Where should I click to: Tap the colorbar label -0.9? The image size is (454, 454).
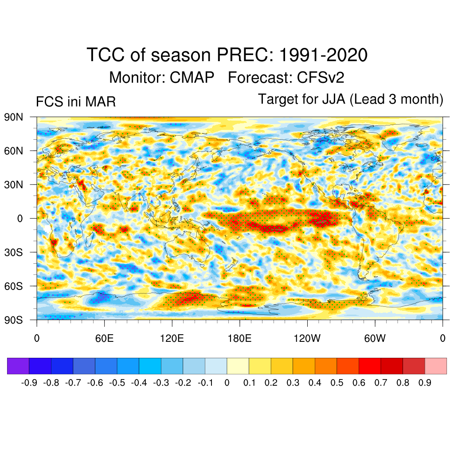tap(29, 383)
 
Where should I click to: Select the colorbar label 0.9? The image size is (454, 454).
tap(425, 383)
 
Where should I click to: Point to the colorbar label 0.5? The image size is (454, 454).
tap(337, 383)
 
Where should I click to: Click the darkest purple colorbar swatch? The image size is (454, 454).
tap(18, 366)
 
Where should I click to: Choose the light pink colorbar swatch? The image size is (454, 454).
tap(435, 366)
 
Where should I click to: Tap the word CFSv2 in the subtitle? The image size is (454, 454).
tap(321, 78)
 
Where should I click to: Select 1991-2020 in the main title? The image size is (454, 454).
tap(323, 55)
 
